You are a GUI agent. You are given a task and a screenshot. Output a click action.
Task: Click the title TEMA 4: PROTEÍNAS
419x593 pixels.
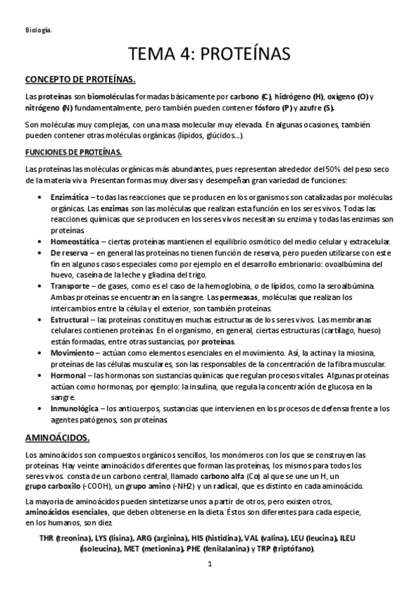pyautogui.click(x=209, y=55)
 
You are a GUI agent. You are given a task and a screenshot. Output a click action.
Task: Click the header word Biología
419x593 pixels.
pyautogui.click(x=38, y=29)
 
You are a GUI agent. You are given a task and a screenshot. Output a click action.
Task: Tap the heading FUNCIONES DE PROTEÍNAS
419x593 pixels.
pyautogui.click(x=73, y=152)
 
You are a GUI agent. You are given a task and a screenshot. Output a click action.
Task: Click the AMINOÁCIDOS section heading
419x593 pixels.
pyautogui.click(x=57, y=439)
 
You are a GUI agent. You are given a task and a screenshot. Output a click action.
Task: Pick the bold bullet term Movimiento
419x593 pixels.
pyautogui.click(x=73, y=352)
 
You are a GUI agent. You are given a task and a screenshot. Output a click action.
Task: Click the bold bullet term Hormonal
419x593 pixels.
pyautogui.click(x=69, y=374)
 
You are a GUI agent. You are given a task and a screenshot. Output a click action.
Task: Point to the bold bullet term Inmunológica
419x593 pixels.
pyautogui.click(x=75, y=408)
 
